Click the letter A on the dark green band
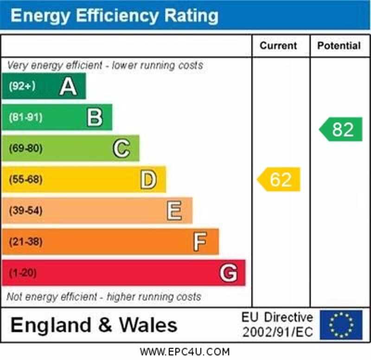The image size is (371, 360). pyautogui.click(x=68, y=86)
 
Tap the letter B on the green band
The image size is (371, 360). pyautogui.click(x=95, y=117)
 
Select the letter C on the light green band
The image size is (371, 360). pyautogui.click(x=122, y=148)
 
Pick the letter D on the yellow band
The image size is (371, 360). pyautogui.click(x=148, y=180)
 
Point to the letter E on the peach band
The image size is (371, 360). pyautogui.click(x=174, y=211)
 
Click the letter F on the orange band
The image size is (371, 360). pyautogui.click(x=200, y=242)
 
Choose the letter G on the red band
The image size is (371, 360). pyautogui.click(x=228, y=273)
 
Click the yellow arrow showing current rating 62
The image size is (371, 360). pyautogui.click(x=279, y=180)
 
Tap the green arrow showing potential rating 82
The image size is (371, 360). pyautogui.click(x=341, y=129)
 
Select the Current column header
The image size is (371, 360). pyautogui.click(x=278, y=45)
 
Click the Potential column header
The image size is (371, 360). pyautogui.click(x=339, y=45)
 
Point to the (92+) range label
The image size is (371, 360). pyautogui.click(x=22, y=86)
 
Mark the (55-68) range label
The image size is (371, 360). pyautogui.click(x=26, y=180)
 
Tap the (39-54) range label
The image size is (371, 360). pyautogui.click(x=26, y=211)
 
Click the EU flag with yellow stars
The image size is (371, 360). pyautogui.click(x=341, y=325)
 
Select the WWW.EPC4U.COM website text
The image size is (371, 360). pyautogui.click(x=185, y=352)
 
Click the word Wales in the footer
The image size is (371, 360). pyautogui.click(x=148, y=325)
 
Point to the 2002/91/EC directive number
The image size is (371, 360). pyautogui.click(x=277, y=332)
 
